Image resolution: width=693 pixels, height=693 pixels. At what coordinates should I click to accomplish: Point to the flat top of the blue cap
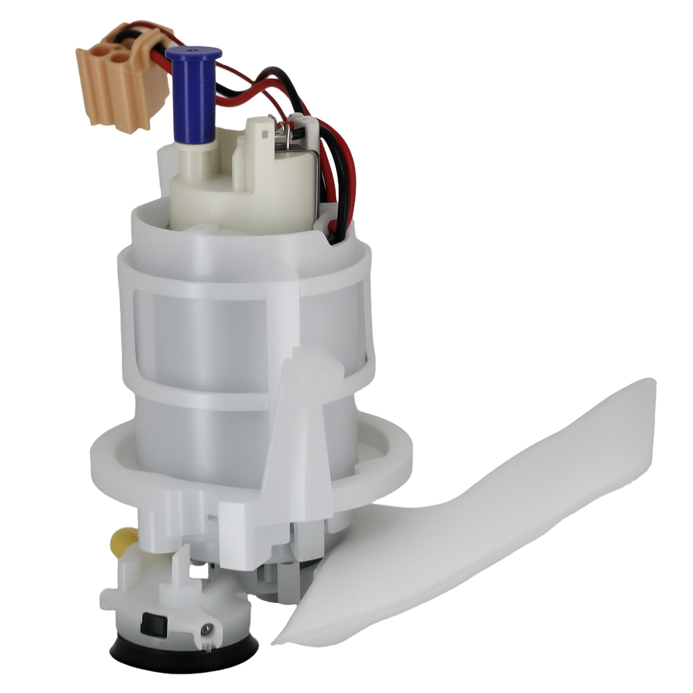point(194,53)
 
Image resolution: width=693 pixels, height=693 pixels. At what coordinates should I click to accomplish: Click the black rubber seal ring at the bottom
point(184,648)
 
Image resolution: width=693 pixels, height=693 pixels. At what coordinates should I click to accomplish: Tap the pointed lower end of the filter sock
point(281,638)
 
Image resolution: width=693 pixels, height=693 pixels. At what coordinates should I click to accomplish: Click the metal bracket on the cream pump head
point(309,173)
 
